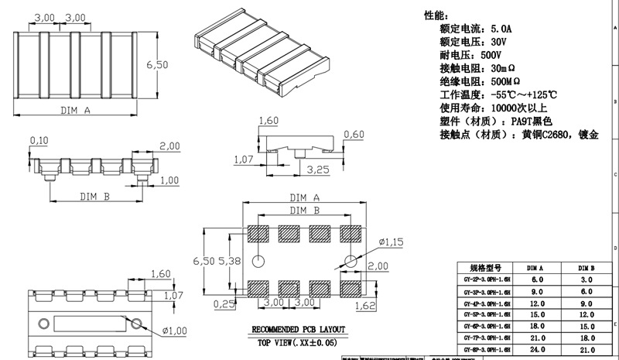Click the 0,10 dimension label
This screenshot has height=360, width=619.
pos(38,139)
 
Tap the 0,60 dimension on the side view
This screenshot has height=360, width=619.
pos(354,135)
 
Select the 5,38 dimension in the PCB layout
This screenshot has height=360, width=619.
pos(231,262)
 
